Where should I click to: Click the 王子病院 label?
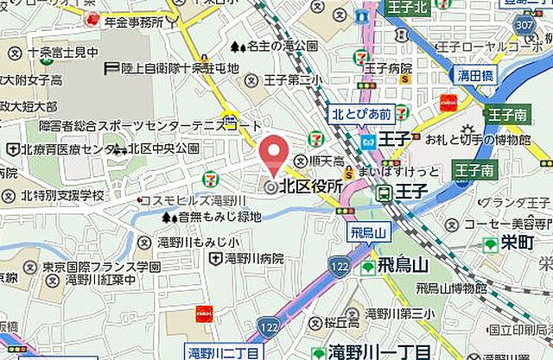click(x=388, y=67)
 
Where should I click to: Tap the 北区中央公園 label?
click(x=164, y=148)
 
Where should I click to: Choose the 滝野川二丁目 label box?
click(x=224, y=352)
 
